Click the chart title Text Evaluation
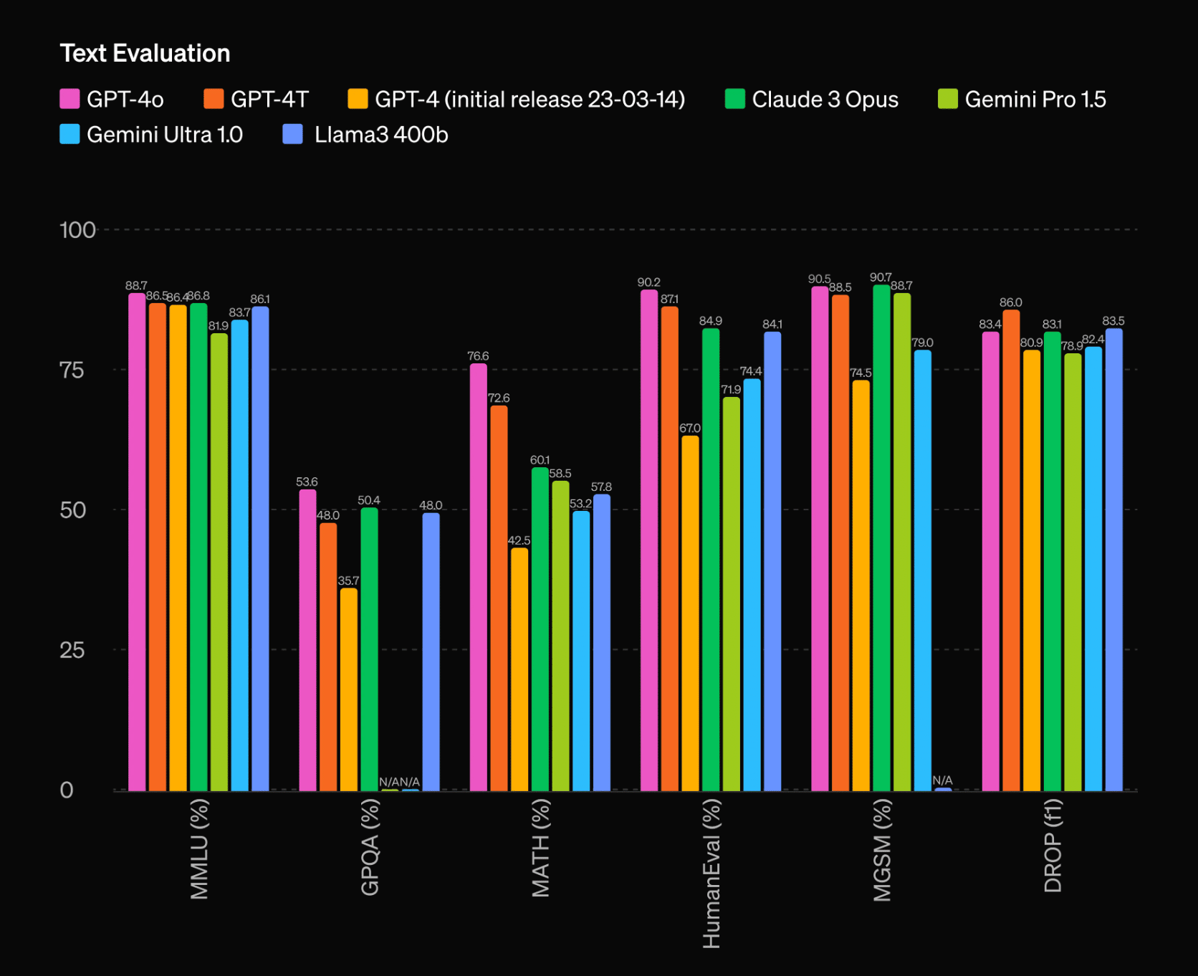pyautogui.click(x=145, y=54)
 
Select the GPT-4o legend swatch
pyautogui.click(x=70, y=99)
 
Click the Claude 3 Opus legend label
pyautogui.click(x=825, y=100)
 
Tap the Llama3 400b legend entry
pyautogui.click(x=380, y=135)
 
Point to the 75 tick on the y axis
pyautogui.click(x=72, y=370)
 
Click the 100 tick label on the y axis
pyautogui.click(x=77, y=230)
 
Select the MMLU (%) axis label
pyautogui.click(x=199, y=849)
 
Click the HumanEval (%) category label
pyautogui.click(x=711, y=874)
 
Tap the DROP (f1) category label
pyautogui.click(x=1053, y=846)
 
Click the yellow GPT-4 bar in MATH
pyautogui.click(x=519, y=669)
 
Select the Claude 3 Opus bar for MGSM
pyautogui.click(x=881, y=537)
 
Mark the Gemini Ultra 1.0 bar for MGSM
pyautogui.click(x=923, y=570)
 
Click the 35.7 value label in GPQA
pyautogui.click(x=349, y=580)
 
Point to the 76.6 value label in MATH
pyautogui.click(x=478, y=356)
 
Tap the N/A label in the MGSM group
pyautogui.click(x=942, y=780)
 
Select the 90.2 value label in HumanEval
pyautogui.click(x=649, y=282)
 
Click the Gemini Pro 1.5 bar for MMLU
pyautogui.click(x=219, y=562)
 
